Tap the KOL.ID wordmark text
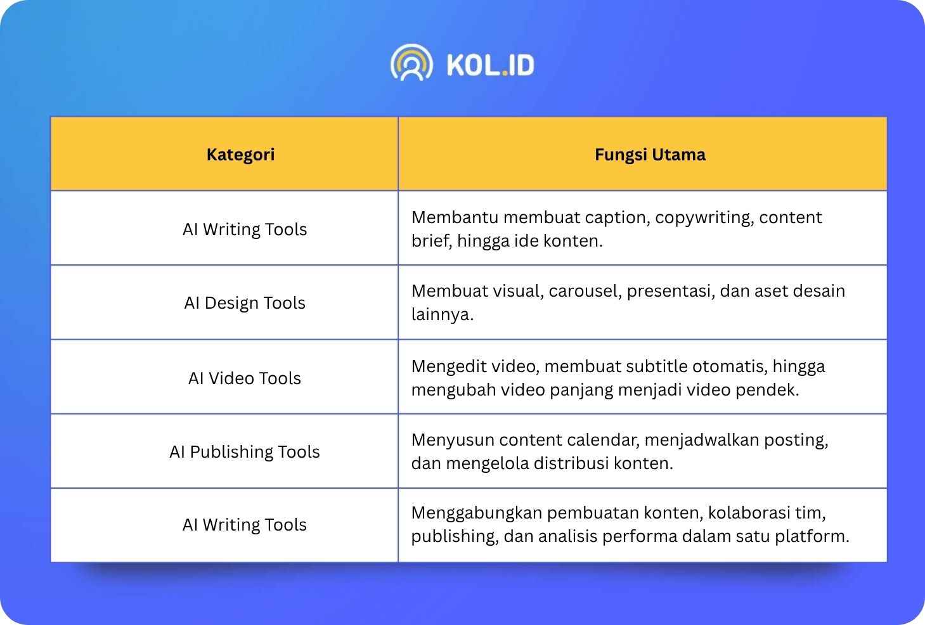click(491, 65)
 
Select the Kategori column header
click(240, 155)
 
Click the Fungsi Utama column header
click(650, 155)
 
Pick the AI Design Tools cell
click(245, 303)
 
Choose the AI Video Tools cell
click(245, 378)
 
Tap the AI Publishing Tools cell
click(245, 452)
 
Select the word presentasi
click(671, 292)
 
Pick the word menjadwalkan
click(702, 441)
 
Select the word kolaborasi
click(749, 513)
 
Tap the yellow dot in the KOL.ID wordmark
click(505, 74)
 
